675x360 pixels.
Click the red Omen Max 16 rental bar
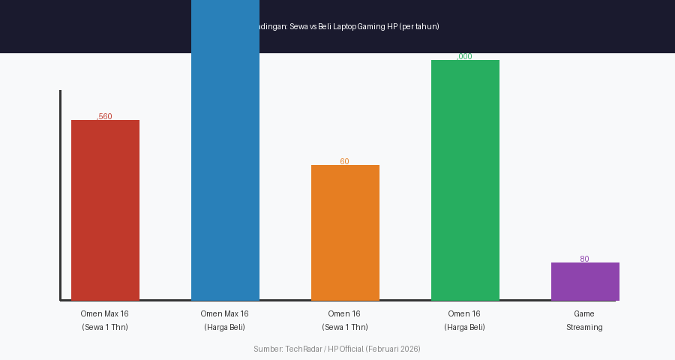(105, 210)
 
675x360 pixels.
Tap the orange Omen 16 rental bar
(345, 232)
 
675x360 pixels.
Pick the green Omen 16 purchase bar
(465, 180)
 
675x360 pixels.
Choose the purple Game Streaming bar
(585, 281)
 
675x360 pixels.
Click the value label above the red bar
(105, 116)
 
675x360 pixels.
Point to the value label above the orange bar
(344, 161)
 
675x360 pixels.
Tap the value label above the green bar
(465, 56)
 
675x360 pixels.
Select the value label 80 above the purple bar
(584, 259)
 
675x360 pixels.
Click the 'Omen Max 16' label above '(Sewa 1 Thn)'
(105, 313)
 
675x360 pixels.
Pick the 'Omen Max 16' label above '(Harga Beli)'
(225, 313)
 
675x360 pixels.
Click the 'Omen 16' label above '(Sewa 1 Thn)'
(344, 313)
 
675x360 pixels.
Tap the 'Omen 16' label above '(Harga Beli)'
(464, 313)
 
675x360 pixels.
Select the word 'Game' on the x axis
(584, 313)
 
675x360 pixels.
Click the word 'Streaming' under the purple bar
(584, 327)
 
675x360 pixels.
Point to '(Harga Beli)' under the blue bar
(225, 327)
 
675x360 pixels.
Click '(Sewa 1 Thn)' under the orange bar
(345, 327)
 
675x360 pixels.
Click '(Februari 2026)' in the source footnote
(393, 349)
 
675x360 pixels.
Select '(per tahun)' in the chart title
(419, 26)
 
